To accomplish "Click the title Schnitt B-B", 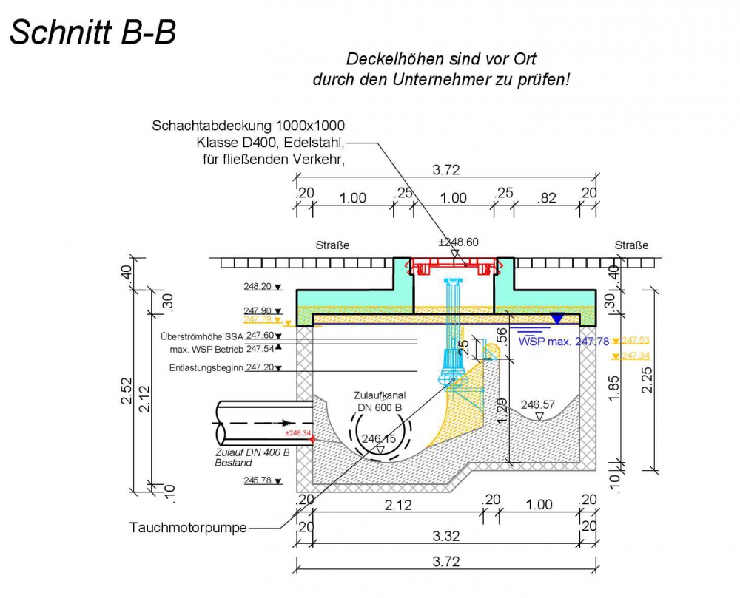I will click(x=92, y=33).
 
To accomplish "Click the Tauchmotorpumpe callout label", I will click(x=188, y=528).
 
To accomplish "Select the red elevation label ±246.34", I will click(x=298, y=433).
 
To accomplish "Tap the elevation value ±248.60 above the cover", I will click(x=459, y=242).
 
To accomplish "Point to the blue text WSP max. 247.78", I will click(x=564, y=341).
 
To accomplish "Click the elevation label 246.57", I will click(x=538, y=404).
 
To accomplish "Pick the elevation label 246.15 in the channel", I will click(x=379, y=438).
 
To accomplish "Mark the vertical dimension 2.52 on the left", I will click(x=127, y=396).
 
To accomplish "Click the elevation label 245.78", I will click(x=258, y=480).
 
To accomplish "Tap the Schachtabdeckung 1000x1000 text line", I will click(x=248, y=126).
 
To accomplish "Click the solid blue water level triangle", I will click(x=556, y=318).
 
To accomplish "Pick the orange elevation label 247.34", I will click(x=636, y=356).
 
